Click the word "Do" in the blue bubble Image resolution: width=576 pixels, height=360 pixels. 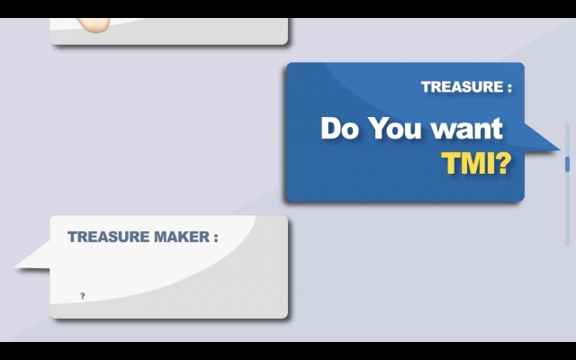(x=340, y=128)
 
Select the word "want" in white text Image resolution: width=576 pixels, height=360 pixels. (x=467, y=129)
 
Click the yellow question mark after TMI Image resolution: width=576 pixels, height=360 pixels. (x=503, y=163)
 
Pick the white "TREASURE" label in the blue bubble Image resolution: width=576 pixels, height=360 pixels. (x=462, y=87)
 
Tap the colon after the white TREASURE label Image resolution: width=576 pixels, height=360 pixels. (x=509, y=88)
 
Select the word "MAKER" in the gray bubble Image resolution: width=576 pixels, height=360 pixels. (x=182, y=237)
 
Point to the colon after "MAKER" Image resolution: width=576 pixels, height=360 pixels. (x=216, y=238)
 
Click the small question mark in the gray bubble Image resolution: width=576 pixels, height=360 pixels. (x=83, y=296)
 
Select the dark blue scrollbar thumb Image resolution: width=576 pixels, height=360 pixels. (x=567, y=164)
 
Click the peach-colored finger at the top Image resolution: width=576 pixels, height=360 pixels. (x=94, y=25)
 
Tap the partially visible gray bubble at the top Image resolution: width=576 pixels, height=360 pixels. (x=168, y=31)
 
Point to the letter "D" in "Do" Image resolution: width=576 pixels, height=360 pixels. (x=332, y=128)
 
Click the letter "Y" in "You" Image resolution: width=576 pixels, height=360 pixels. (x=379, y=128)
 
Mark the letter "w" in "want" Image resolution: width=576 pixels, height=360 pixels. (x=443, y=131)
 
